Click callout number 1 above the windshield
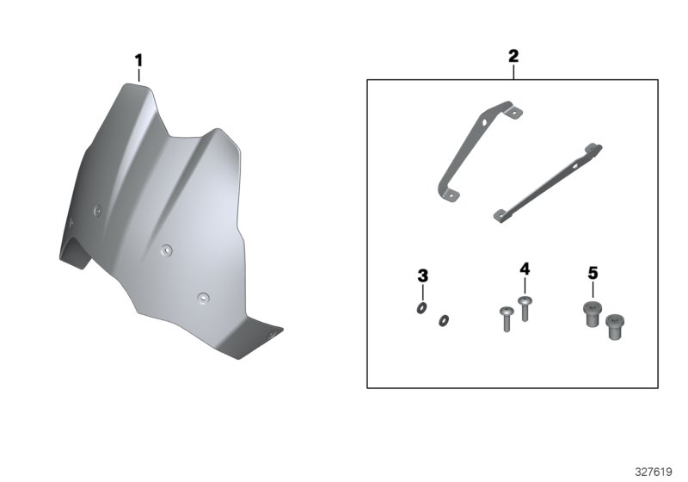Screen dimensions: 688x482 click(x=138, y=60)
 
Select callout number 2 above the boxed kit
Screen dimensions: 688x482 click(x=513, y=56)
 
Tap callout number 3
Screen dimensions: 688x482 click(x=422, y=276)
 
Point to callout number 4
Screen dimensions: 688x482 click(x=525, y=269)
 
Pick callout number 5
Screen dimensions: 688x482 click(x=593, y=274)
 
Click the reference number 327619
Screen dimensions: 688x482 click(x=654, y=472)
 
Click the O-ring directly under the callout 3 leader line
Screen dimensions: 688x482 click(x=421, y=309)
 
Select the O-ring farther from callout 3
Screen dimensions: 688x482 click(x=443, y=321)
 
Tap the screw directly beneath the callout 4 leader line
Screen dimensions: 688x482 click(x=525, y=309)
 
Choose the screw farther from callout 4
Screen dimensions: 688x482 click(x=507, y=319)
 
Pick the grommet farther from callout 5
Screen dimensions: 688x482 click(x=615, y=327)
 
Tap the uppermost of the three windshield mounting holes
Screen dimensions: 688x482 click(x=98, y=211)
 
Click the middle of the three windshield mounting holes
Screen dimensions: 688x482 click(x=166, y=250)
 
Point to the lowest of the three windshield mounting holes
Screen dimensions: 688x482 click(x=203, y=299)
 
